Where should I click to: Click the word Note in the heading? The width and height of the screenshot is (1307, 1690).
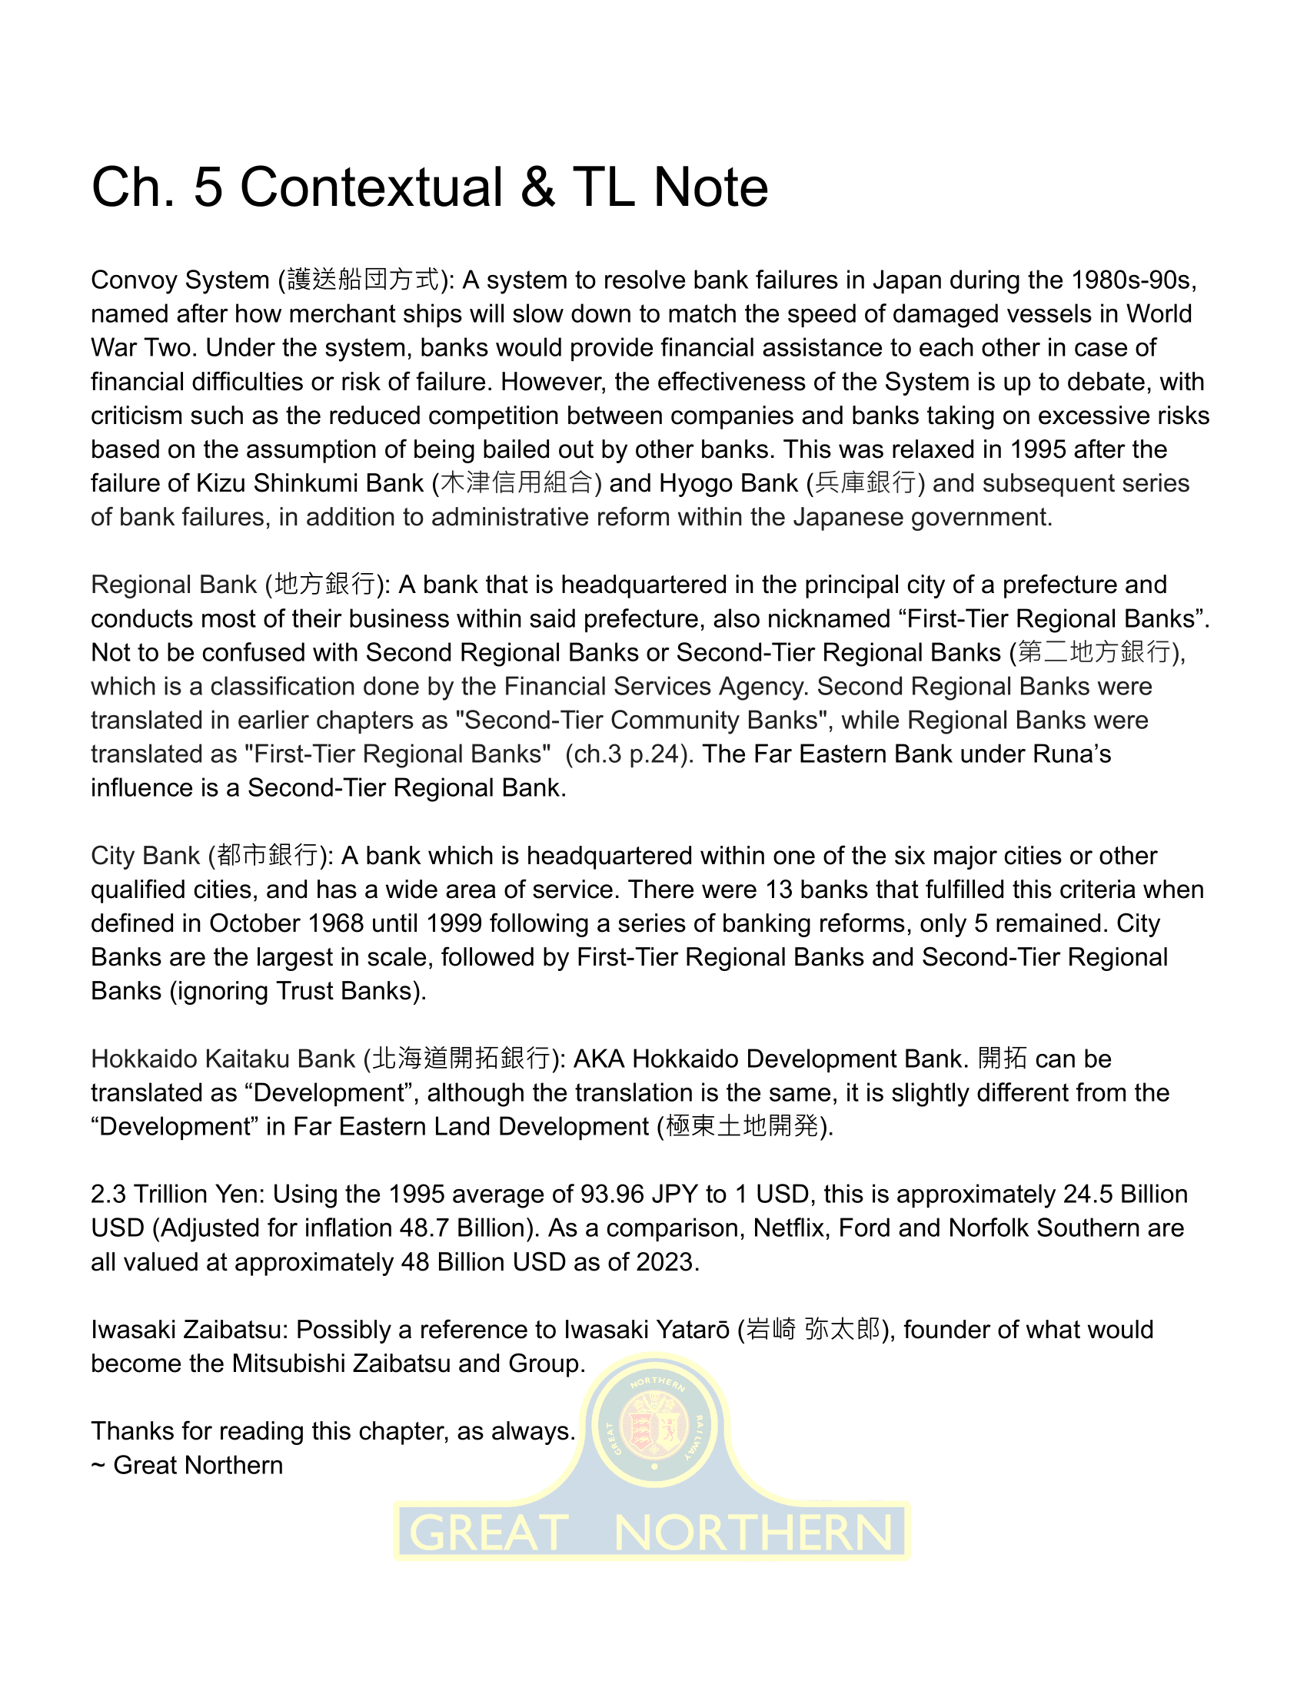[x=711, y=188]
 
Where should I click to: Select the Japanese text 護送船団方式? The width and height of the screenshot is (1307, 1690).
[x=363, y=280]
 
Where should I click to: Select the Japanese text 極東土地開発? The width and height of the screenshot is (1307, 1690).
[x=742, y=1126]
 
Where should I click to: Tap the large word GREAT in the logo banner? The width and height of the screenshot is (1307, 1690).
[x=488, y=1533]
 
